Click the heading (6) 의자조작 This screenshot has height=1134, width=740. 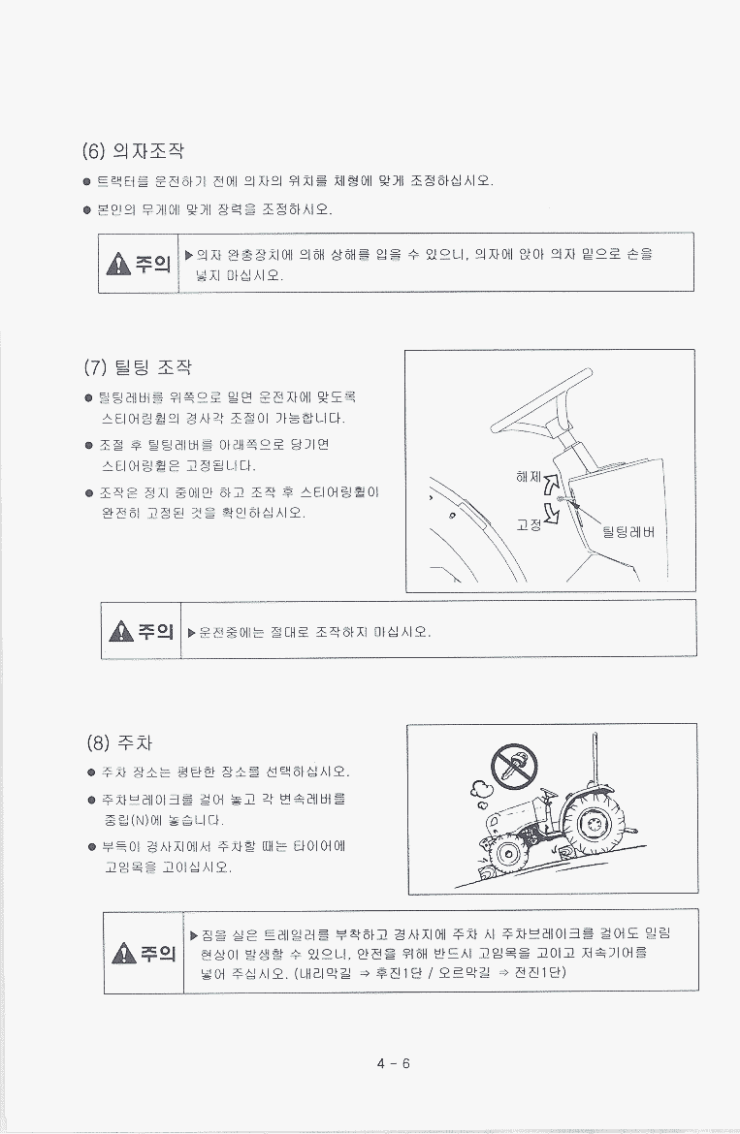click(133, 150)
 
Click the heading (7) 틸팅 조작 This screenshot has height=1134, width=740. click(138, 366)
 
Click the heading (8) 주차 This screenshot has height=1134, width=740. click(119, 742)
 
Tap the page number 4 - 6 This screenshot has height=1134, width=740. click(394, 1063)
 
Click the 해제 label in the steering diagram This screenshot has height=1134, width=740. click(528, 476)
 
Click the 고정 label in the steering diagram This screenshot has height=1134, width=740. click(528, 524)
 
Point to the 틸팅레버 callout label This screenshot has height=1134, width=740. click(627, 532)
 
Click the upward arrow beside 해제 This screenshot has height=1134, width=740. click(551, 485)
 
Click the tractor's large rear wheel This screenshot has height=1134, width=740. click(593, 824)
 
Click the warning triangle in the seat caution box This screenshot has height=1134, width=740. click(118, 265)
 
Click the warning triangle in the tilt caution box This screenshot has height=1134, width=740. click(121, 631)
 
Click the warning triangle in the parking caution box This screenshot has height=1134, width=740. click(124, 953)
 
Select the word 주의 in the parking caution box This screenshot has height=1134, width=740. click(158, 953)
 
